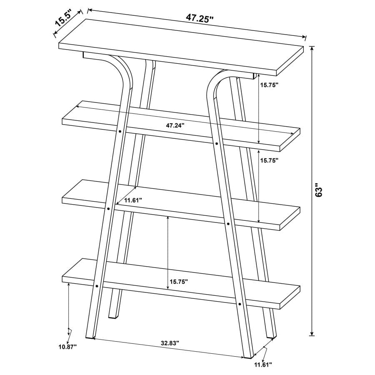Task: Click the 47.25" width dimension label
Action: [200, 19]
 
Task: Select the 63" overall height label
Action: [319, 190]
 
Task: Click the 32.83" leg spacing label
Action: [170, 343]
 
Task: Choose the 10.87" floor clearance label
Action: [67, 346]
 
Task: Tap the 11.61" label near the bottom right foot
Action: [263, 365]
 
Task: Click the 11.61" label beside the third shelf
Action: [130, 200]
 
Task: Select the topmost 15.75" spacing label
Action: [269, 85]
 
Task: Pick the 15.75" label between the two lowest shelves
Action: [178, 282]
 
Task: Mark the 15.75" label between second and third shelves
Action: [269, 160]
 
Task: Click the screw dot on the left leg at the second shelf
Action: [120, 131]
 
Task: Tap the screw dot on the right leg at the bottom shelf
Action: [240, 305]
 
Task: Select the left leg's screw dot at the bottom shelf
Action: [96, 286]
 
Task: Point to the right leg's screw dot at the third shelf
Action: [228, 224]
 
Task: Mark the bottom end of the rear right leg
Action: [271, 335]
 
